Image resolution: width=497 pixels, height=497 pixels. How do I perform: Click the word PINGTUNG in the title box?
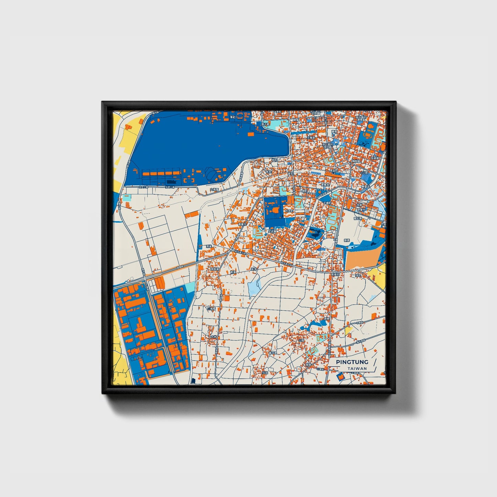(x=352, y=362)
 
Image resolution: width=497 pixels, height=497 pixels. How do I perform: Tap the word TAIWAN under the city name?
(x=357, y=368)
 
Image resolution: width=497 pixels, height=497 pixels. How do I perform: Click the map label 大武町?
(x=272, y=231)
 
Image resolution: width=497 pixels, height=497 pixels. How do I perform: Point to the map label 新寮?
(x=346, y=240)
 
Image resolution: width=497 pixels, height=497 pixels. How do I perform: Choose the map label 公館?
(x=301, y=340)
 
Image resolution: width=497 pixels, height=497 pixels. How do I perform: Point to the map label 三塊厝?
(x=212, y=309)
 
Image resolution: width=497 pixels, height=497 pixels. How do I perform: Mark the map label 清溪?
(x=209, y=247)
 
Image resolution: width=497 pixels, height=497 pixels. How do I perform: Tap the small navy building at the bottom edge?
(x=193, y=381)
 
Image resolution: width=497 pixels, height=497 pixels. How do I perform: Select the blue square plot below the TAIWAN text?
(x=341, y=377)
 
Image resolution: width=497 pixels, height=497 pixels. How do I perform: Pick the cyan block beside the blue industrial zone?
(x=190, y=287)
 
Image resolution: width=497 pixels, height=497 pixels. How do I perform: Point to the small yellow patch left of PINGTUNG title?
(x=348, y=331)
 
